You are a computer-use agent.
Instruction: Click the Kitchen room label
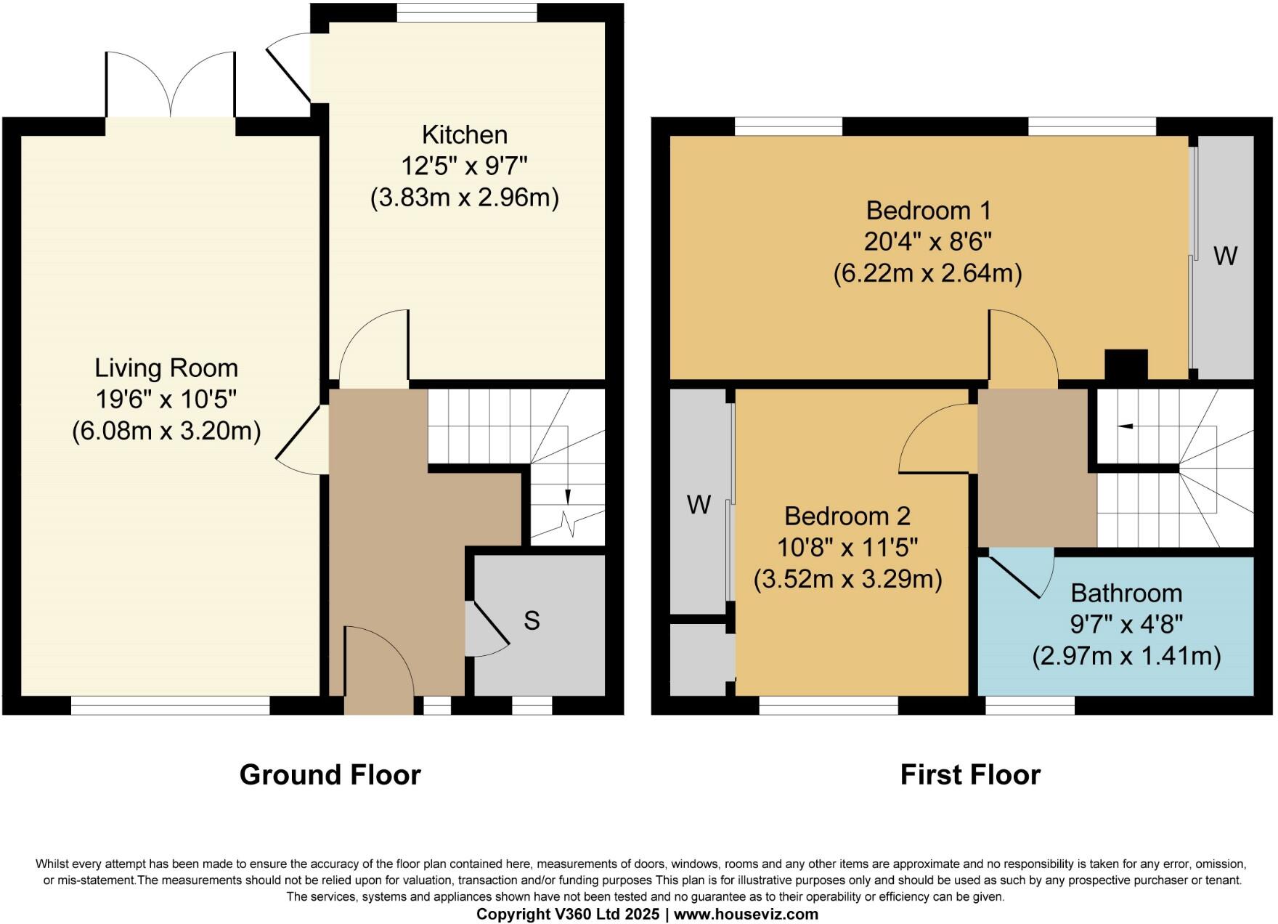tap(464, 135)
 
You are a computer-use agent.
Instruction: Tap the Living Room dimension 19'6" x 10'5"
tap(166, 400)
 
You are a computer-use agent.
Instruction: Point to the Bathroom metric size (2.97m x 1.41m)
tap(1126, 656)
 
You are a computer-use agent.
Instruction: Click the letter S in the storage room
tap(532, 620)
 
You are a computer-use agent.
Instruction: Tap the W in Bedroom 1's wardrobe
tap(1225, 256)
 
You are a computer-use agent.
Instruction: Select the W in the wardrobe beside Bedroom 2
tap(699, 504)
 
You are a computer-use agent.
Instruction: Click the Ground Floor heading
tap(330, 775)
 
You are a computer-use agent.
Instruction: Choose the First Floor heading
tap(970, 775)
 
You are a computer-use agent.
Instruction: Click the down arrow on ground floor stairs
tap(568, 496)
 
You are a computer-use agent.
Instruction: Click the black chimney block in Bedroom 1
tap(1126, 365)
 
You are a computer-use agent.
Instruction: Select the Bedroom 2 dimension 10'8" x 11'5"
tap(847, 547)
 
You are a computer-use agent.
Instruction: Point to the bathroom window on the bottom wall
tap(1030, 705)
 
